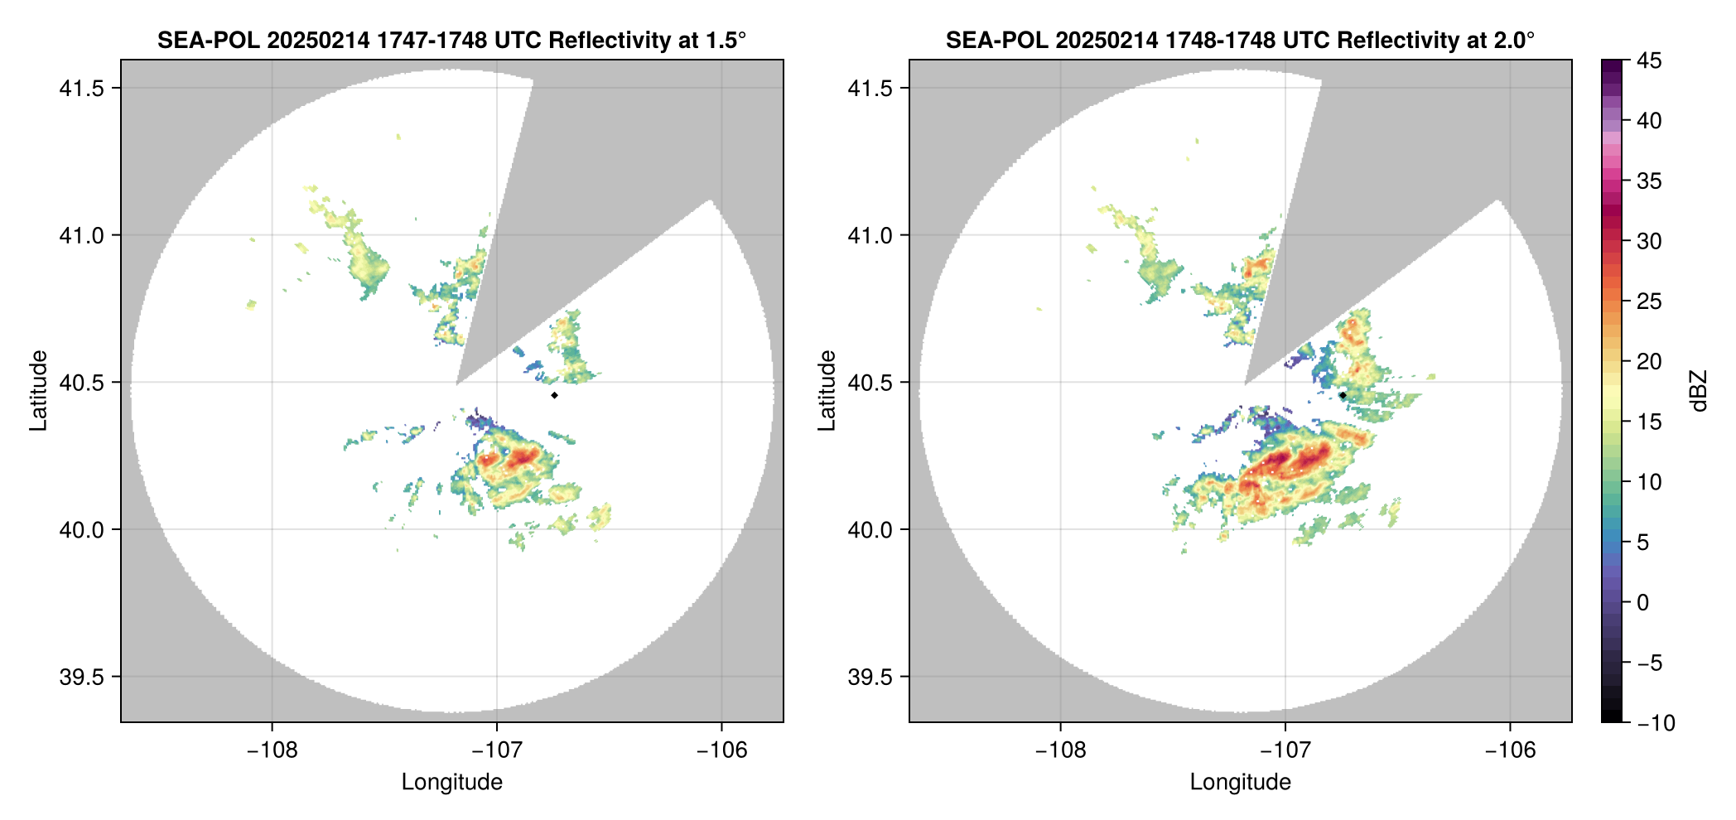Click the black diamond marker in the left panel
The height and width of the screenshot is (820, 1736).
click(x=554, y=395)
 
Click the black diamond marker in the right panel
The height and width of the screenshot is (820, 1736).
click(x=1343, y=395)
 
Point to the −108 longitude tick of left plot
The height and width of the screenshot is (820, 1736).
click(x=272, y=750)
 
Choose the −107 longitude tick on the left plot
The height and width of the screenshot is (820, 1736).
click(x=497, y=750)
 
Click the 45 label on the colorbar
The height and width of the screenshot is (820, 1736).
click(x=1649, y=60)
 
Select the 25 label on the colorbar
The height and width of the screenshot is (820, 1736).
click(x=1649, y=301)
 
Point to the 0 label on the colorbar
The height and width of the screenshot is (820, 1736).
click(x=1643, y=602)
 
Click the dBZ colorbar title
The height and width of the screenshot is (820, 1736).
click(x=1699, y=391)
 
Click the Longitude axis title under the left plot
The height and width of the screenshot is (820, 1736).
click(x=452, y=782)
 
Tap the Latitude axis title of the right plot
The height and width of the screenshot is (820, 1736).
click(x=827, y=391)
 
